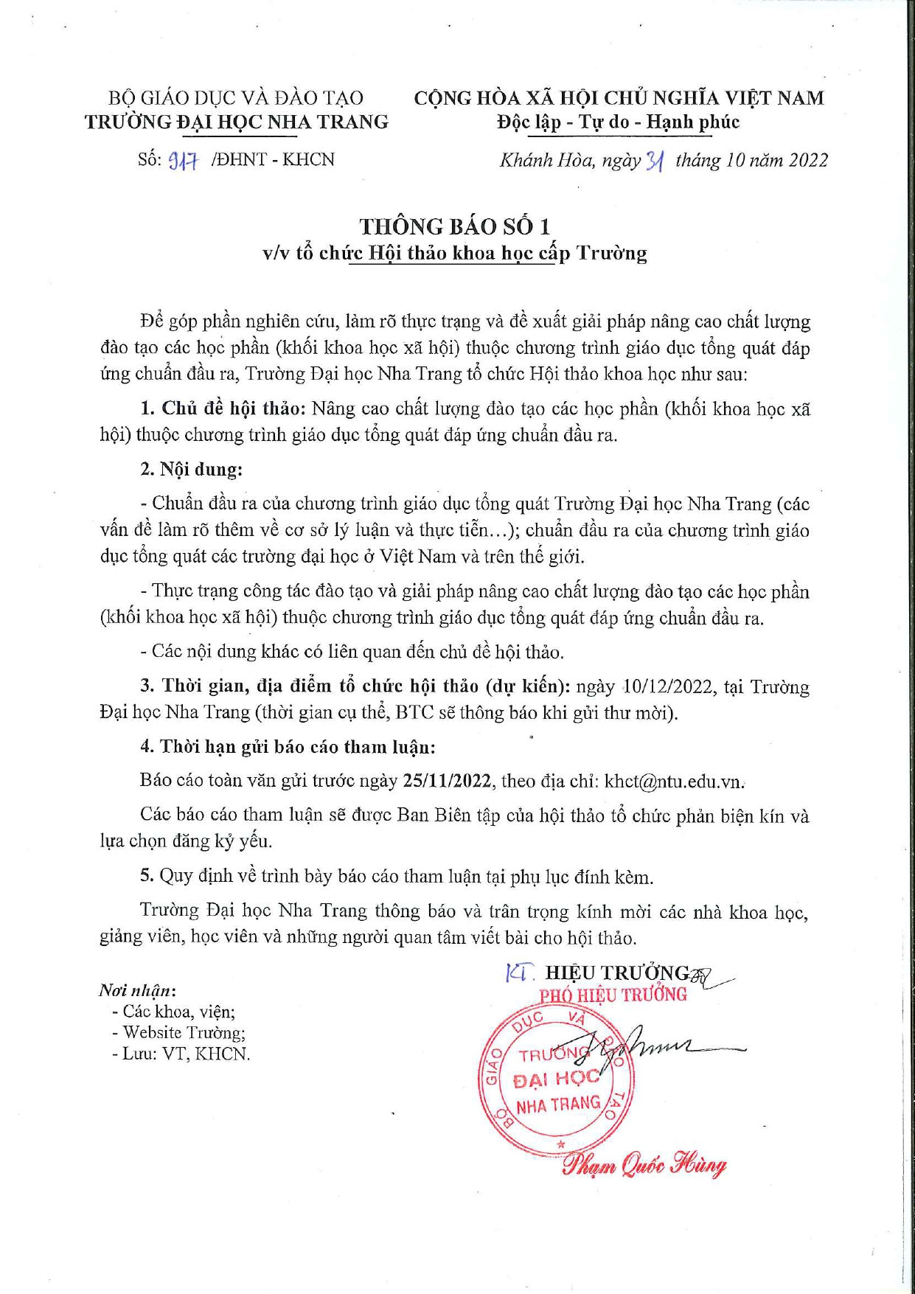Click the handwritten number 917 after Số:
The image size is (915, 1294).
point(184,161)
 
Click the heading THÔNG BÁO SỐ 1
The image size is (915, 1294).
point(455,226)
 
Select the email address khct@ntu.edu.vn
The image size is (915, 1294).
point(673,782)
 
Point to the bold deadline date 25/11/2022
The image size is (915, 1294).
point(448,782)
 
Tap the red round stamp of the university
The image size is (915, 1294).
point(557,1081)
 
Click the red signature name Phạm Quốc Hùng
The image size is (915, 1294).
point(644,1165)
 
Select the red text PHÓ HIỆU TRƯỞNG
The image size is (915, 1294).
point(613,995)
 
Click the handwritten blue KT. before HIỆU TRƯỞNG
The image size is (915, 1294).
point(520,973)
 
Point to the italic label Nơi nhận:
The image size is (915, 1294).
point(137,990)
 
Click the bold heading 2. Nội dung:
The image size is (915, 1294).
point(191,470)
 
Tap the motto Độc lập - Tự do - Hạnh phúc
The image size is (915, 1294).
point(618,122)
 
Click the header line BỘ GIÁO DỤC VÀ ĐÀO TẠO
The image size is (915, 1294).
point(236,98)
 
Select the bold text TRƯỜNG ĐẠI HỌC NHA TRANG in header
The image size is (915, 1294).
point(236,122)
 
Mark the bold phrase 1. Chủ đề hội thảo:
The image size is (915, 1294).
point(223,408)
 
